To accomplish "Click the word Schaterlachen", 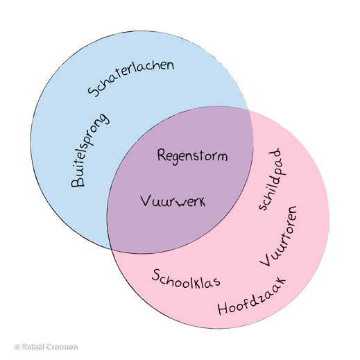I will pos(131,78).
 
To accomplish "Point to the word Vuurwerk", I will pos(173,202).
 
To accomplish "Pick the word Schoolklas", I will pos(186,277).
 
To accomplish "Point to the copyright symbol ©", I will pos(17,346).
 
